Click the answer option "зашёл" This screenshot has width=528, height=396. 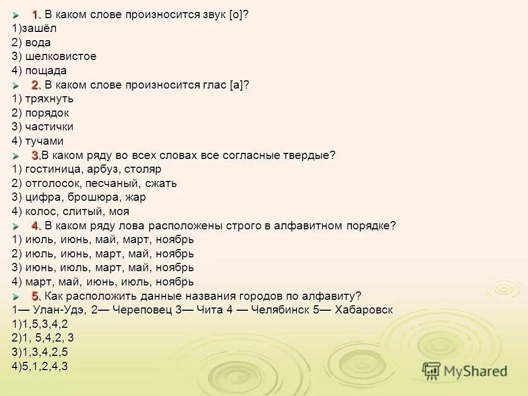point(38,28)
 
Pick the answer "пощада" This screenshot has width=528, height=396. point(45,71)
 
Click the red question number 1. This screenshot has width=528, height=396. point(36,14)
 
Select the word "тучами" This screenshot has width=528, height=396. point(43,141)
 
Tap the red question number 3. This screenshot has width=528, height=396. point(36,156)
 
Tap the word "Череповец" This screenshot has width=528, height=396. point(139,310)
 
